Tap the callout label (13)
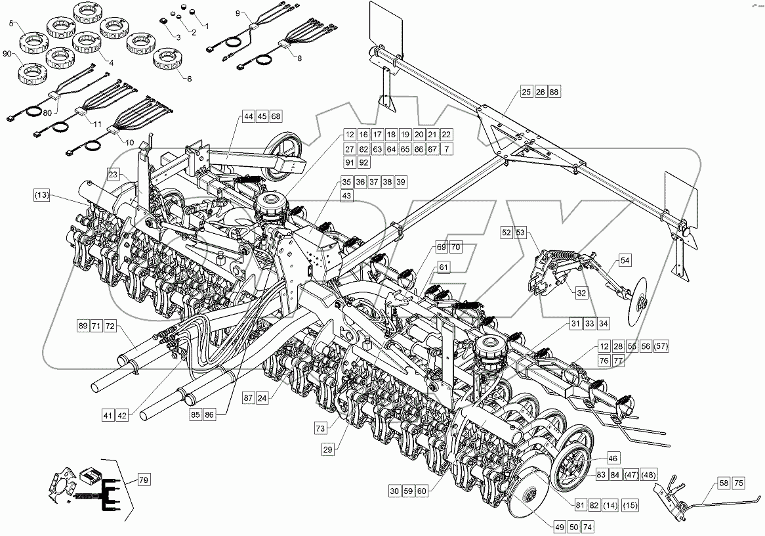[x=41, y=195]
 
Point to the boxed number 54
[x=625, y=261]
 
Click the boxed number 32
[x=581, y=293]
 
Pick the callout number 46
[x=612, y=458]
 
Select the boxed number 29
[x=327, y=449]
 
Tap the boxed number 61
[x=444, y=267]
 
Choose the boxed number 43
[x=346, y=196]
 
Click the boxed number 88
[x=555, y=92]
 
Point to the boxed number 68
[x=276, y=116]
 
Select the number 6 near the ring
[x=190, y=79]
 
